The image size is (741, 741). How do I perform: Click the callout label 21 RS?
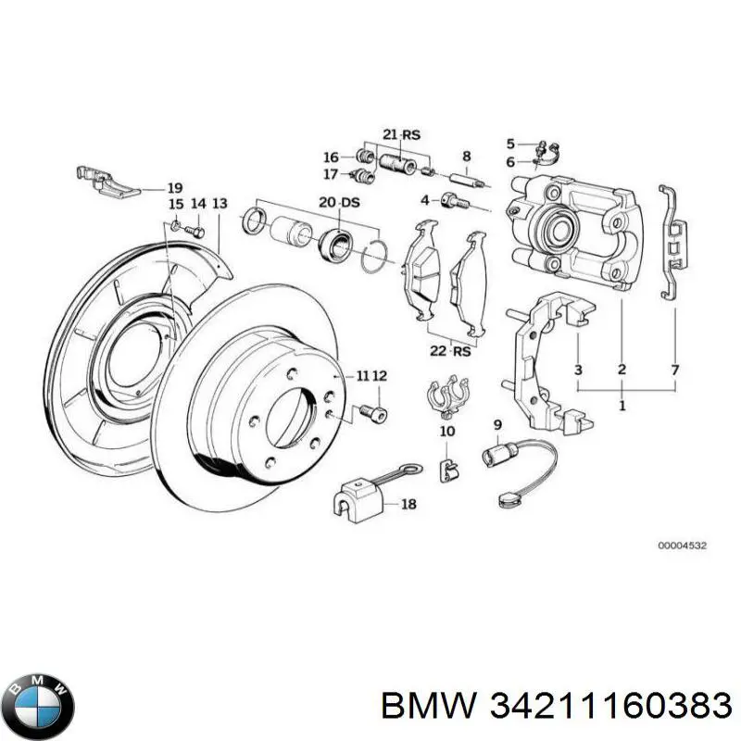pos(400,135)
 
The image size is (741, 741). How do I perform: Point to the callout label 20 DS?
pos(333,203)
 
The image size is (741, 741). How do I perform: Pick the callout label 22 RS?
pos(451,350)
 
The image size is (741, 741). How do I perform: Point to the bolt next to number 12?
pos(372,410)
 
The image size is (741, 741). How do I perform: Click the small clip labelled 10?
pos(446,471)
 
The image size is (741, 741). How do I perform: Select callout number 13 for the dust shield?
pos(219,203)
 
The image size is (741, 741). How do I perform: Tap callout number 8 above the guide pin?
pos(467,157)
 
